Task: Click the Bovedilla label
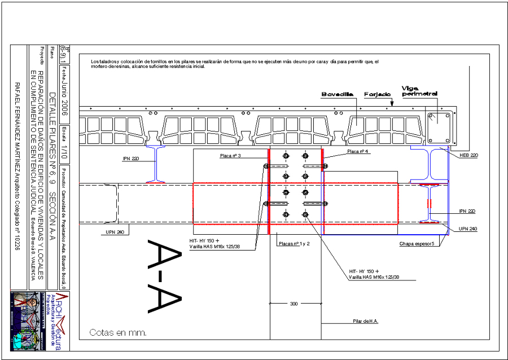pos(338,94)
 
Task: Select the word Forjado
pos(378,94)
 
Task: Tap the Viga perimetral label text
pos(419,90)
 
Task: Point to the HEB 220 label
pos(468,155)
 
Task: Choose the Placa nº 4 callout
pos(358,152)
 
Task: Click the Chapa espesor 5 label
pos(417,244)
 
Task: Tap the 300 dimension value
pos(294,304)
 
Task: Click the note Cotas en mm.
pos(118,333)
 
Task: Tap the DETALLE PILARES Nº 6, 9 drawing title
pos(52,150)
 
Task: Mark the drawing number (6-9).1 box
pos(64,55)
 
